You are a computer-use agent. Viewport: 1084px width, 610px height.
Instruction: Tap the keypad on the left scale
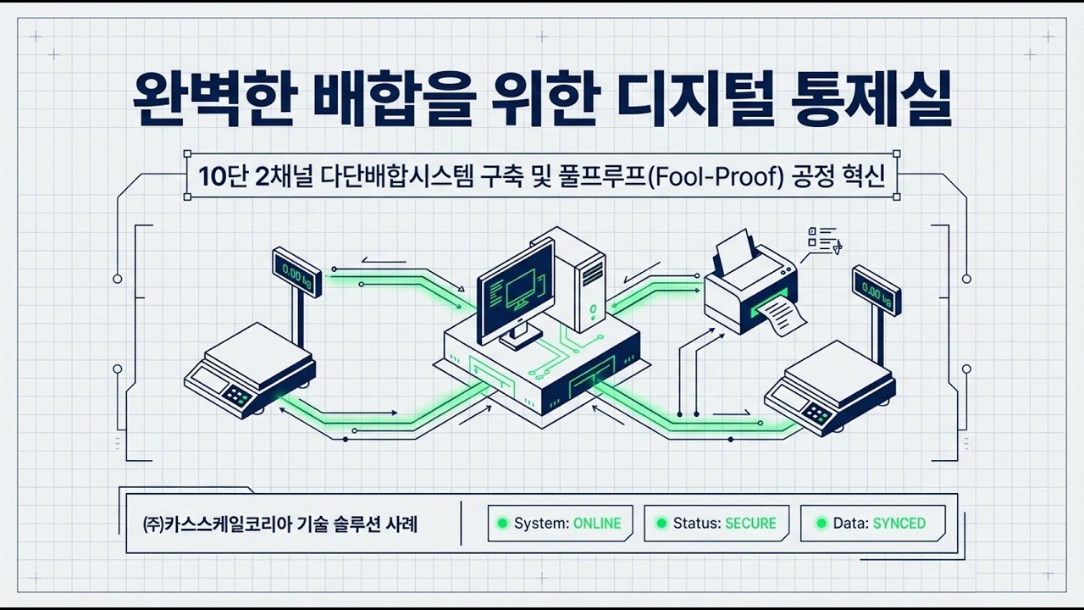coord(236,395)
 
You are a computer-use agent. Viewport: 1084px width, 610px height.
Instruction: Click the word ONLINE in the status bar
coord(597,524)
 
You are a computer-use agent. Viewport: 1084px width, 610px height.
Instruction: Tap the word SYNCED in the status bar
coord(899,524)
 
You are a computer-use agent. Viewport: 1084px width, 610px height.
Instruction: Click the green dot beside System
coord(501,524)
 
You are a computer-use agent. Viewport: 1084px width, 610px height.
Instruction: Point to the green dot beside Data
coord(821,524)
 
